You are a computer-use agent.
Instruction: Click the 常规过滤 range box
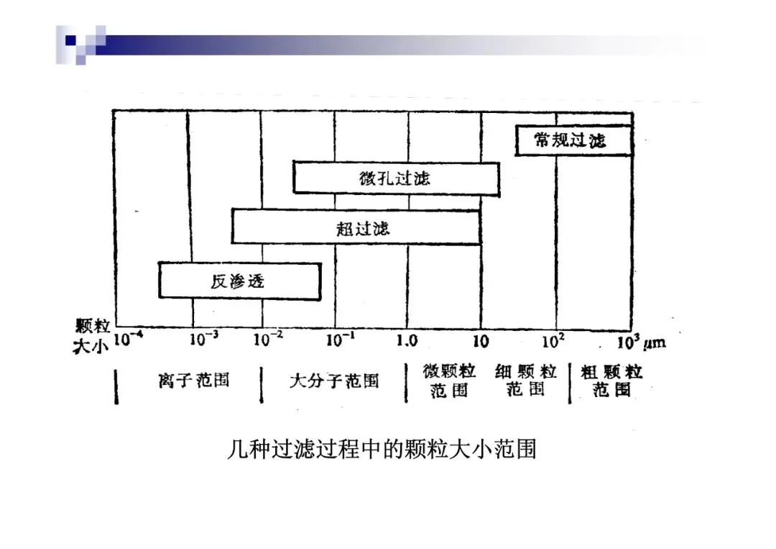click(x=573, y=140)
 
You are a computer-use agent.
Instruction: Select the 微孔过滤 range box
click(x=396, y=178)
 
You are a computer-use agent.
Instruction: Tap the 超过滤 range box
click(x=356, y=227)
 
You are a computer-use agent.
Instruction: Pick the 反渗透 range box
click(x=239, y=281)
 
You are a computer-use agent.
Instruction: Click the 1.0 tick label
click(x=407, y=340)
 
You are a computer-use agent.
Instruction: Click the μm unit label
click(x=655, y=342)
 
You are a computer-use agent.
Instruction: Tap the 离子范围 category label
click(x=194, y=380)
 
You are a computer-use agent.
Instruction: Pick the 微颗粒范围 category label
click(x=450, y=381)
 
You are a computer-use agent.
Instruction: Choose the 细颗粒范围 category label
click(x=525, y=381)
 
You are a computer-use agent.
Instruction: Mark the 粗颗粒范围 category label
click(x=611, y=381)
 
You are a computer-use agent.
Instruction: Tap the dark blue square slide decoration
click(x=70, y=40)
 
